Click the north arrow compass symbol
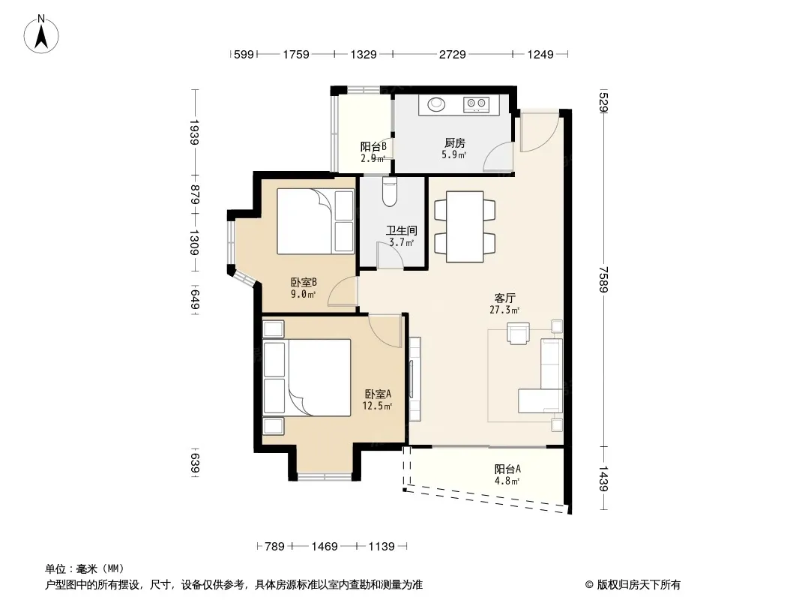click(41, 34)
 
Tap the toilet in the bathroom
click(389, 192)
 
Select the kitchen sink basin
click(436, 104)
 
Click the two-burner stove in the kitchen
click(476, 104)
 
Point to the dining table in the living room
click(465, 226)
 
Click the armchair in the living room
click(518, 334)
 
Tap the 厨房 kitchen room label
click(454, 143)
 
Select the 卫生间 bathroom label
click(401, 231)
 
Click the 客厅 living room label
click(504, 298)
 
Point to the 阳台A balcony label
click(507, 469)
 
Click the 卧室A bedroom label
click(378, 394)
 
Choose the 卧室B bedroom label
click(304, 282)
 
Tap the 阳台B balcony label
click(373, 146)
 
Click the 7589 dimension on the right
click(604, 279)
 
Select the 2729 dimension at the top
click(453, 54)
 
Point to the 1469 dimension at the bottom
click(325, 547)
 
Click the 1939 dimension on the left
click(194, 133)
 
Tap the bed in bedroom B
click(316, 222)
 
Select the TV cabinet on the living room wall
click(414, 379)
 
